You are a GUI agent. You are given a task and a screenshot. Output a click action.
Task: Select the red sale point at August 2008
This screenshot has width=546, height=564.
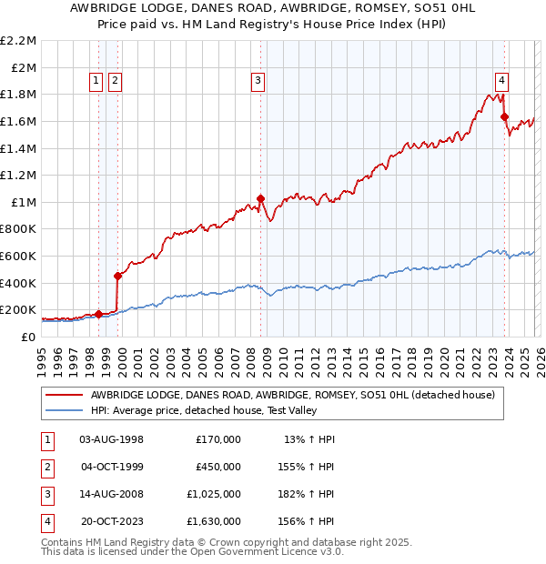tap(261, 198)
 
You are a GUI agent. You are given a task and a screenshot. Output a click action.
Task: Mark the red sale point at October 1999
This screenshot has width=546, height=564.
tap(117, 276)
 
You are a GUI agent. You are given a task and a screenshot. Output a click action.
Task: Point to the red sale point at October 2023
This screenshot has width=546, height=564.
tap(504, 116)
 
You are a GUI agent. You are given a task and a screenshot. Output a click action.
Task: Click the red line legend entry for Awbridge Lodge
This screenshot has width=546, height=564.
tap(292, 395)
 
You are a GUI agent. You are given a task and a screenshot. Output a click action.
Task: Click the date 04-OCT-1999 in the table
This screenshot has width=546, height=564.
tap(111, 467)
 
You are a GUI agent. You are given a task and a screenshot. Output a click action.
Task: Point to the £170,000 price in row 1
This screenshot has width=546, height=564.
tap(217, 439)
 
